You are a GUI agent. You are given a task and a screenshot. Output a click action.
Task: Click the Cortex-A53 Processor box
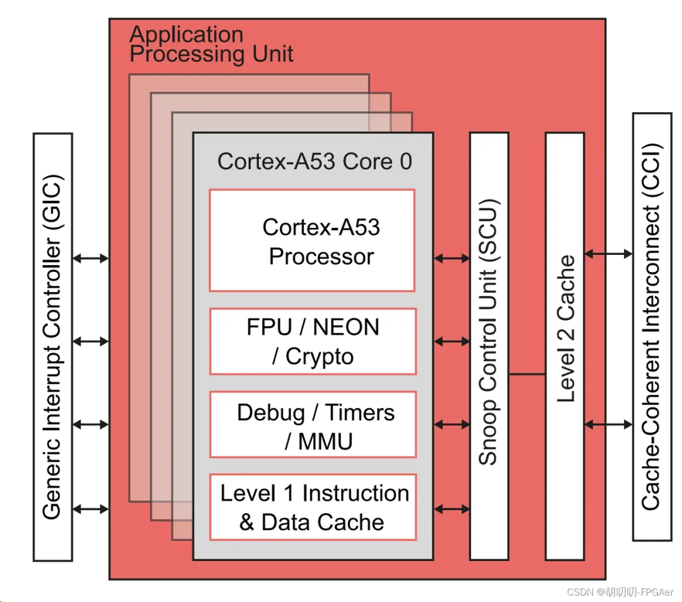pos(312,240)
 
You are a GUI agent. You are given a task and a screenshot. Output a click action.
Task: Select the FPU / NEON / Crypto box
pos(313,341)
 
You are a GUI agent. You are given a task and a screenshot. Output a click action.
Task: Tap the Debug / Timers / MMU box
pos(313,425)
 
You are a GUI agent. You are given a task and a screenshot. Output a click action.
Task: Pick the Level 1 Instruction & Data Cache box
pos(313,507)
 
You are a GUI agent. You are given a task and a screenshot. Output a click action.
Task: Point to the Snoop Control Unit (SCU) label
pos(489,333)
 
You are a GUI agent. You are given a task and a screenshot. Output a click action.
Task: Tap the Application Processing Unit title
pos(211,44)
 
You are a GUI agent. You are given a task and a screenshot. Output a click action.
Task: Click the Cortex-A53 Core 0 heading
pos(314,162)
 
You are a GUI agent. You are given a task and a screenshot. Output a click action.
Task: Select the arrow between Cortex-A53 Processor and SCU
pos(452,258)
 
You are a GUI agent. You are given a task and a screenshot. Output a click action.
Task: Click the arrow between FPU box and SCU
pos(452,341)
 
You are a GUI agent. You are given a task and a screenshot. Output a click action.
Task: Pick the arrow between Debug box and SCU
pos(452,425)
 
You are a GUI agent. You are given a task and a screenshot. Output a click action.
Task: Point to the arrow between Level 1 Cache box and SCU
pos(452,509)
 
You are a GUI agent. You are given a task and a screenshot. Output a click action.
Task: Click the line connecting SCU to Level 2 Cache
pos(527,374)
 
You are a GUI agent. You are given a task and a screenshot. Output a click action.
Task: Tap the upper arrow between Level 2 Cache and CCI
pos(608,254)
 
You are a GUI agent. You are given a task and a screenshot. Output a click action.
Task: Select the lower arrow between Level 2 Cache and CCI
pos(608,425)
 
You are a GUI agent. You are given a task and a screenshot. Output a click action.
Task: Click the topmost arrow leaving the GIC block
pos(90,258)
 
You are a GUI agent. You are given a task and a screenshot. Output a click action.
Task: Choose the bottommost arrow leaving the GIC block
pos(90,509)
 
